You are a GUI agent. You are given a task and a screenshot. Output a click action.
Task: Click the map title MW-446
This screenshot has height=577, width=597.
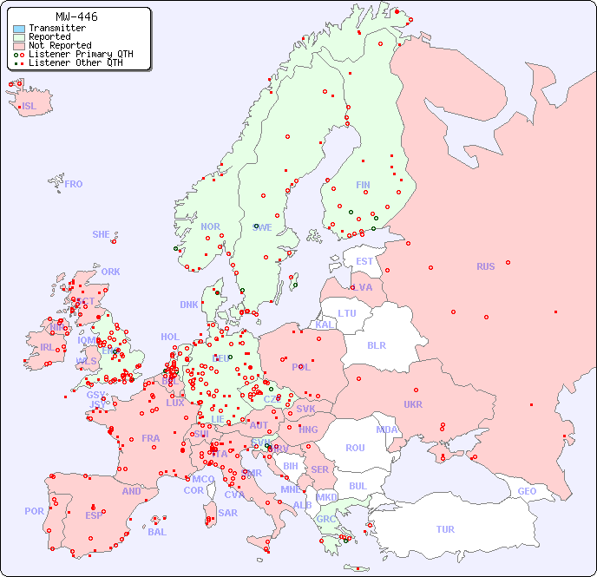pyautogui.click(x=76, y=16)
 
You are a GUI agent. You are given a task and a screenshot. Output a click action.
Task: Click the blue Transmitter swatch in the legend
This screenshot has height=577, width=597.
pyautogui.click(x=19, y=29)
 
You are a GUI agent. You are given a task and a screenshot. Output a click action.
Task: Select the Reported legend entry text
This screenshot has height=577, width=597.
pyautogui.click(x=49, y=37)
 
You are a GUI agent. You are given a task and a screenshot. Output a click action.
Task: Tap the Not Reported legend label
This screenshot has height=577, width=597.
pyautogui.click(x=59, y=46)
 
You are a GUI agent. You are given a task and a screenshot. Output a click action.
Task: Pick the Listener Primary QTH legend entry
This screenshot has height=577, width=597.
pyautogui.click(x=81, y=55)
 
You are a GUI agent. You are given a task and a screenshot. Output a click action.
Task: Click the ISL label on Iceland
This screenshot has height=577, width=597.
pyautogui.click(x=30, y=107)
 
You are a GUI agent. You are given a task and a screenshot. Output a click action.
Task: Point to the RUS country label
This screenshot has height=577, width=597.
pyautogui.click(x=485, y=267)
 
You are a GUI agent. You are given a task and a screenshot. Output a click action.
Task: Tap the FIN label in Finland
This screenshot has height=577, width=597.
pyautogui.click(x=363, y=185)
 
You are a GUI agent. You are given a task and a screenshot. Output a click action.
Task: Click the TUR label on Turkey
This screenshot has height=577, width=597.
pyautogui.click(x=445, y=529)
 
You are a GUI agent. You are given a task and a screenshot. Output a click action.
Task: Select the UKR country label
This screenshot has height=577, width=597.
pyautogui.click(x=413, y=404)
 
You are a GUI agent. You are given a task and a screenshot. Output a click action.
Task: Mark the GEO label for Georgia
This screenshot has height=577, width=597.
pyautogui.click(x=527, y=492)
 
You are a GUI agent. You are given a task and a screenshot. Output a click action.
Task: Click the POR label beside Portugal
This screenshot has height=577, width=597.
pyautogui.click(x=34, y=511)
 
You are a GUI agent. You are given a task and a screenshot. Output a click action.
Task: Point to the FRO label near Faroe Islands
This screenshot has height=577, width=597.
pyautogui.click(x=74, y=184)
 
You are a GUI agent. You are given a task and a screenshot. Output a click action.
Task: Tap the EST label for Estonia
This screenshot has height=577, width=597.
pyautogui.click(x=364, y=261)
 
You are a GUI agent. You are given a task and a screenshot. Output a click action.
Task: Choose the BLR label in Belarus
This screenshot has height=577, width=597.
pyautogui.click(x=376, y=344)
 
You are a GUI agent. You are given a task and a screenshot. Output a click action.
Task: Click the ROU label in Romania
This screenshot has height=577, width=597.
pyautogui.click(x=355, y=448)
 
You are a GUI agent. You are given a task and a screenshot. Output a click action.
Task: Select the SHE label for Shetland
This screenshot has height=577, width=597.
pyautogui.click(x=102, y=234)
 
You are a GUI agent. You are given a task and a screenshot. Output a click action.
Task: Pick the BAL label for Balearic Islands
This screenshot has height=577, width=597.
pyautogui.click(x=157, y=532)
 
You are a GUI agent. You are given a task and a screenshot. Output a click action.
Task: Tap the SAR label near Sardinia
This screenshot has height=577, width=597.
pyautogui.click(x=228, y=513)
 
